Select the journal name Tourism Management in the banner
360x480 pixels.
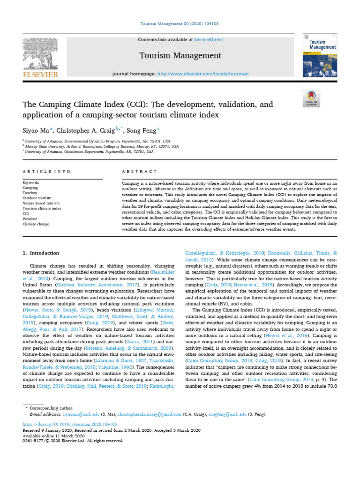tap(180, 56)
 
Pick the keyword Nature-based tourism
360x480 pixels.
tap(41, 203)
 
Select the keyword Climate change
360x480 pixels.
tap(36, 224)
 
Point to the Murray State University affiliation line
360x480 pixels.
tap(102, 146)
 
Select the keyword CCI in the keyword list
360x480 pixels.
tap(26, 214)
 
